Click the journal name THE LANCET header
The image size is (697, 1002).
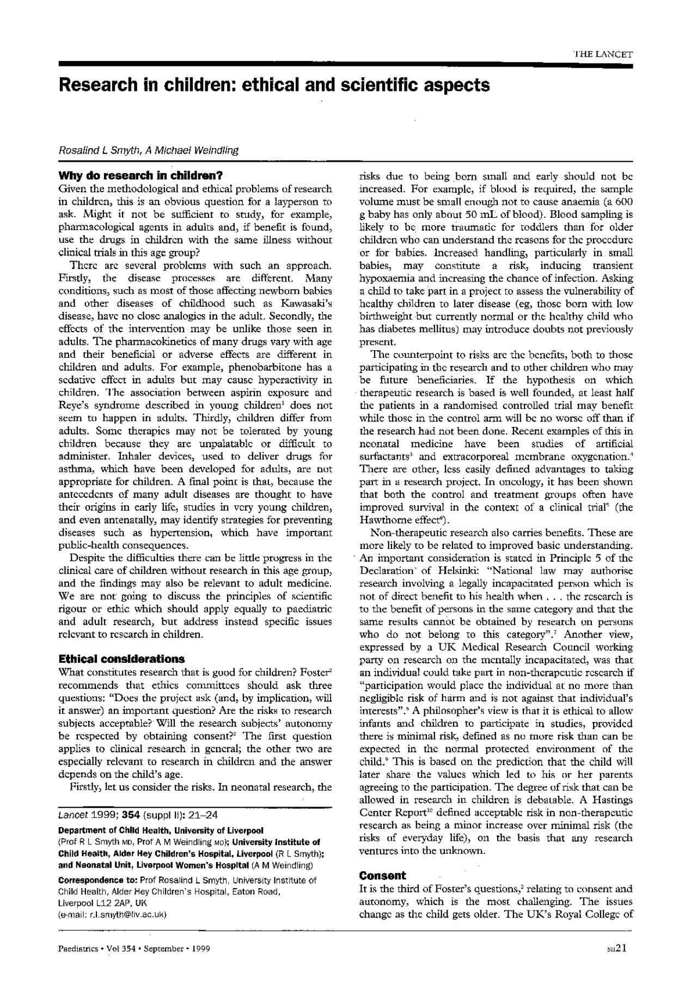coord(603,54)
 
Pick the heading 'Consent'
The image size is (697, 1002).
coord(382,875)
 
